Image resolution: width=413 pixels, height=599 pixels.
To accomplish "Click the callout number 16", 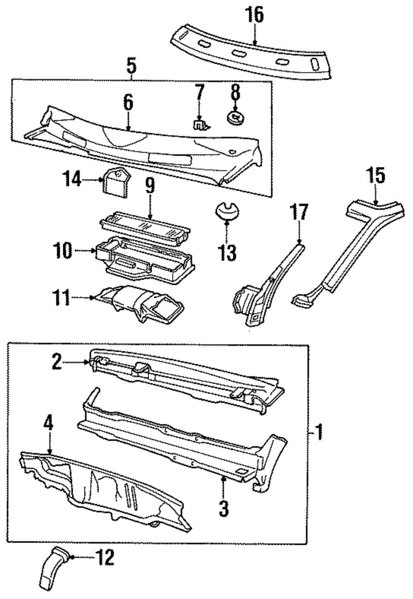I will tap(255, 15).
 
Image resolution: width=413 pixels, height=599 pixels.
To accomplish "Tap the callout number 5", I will tap(131, 65).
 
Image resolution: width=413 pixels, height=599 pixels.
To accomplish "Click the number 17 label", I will tap(300, 213).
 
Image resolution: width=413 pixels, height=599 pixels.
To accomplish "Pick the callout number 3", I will tap(223, 508).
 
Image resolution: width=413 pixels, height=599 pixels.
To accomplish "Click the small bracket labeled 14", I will tap(115, 181).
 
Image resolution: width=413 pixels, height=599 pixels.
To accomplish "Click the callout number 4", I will tap(49, 425).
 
